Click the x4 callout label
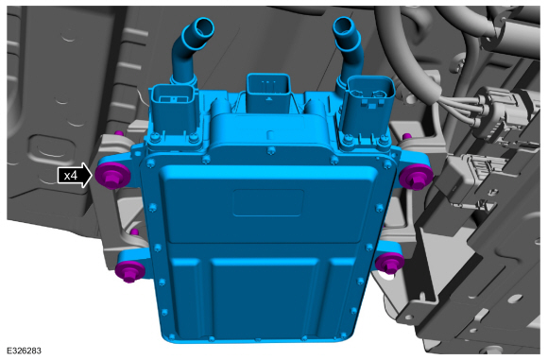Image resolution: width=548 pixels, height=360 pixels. (x=71, y=175)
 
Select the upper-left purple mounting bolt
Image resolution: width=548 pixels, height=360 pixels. (x=112, y=176)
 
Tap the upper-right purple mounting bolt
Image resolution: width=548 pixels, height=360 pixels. (x=417, y=178)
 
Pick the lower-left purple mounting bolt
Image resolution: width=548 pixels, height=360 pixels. (x=129, y=271)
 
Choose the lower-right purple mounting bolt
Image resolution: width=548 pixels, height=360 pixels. (x=389, y=264)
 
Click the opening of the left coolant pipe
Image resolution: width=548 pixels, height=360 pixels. (x=204, y=28)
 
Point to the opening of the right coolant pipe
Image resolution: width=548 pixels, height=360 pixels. (x=344, y=26)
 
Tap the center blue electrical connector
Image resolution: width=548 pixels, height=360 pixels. (x=268, y=93)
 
